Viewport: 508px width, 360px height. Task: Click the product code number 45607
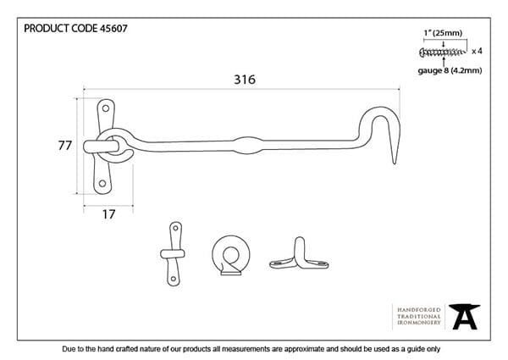pos(113,29)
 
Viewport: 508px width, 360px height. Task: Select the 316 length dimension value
pos(245,80)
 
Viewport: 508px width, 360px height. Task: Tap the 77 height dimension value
pos(65,146)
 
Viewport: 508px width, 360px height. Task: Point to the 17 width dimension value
pos(109,214)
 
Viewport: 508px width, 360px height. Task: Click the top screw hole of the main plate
pos(106,108)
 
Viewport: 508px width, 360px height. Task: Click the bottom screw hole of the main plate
pos(102,184)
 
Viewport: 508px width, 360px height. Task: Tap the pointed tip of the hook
pos(395,163)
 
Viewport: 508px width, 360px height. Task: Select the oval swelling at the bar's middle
pos(248,145)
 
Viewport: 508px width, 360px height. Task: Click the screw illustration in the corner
pos(443,52)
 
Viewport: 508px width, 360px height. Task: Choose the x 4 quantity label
pos(477,51)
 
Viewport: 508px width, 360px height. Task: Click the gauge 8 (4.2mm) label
pos(450,70)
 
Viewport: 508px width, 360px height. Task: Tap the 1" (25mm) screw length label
pos(443,33)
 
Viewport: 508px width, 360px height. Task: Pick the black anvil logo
pos(464,317)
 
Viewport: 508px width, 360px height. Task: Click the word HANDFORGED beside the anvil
pos(419,310)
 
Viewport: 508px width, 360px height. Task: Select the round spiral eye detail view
pos(231,255)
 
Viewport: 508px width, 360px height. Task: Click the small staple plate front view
pos(174,254)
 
